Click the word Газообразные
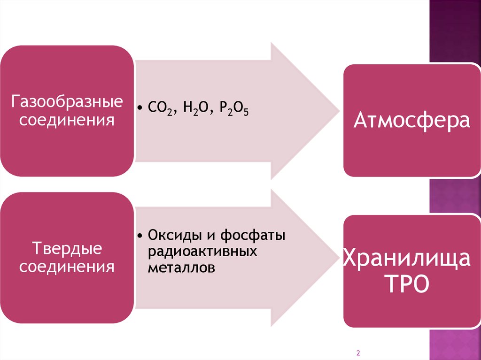point(67,102)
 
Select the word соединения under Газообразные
point(66,121)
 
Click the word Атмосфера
point(411,120)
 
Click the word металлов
point(181,268)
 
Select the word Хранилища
point(406,259)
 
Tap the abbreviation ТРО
point(407,284)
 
